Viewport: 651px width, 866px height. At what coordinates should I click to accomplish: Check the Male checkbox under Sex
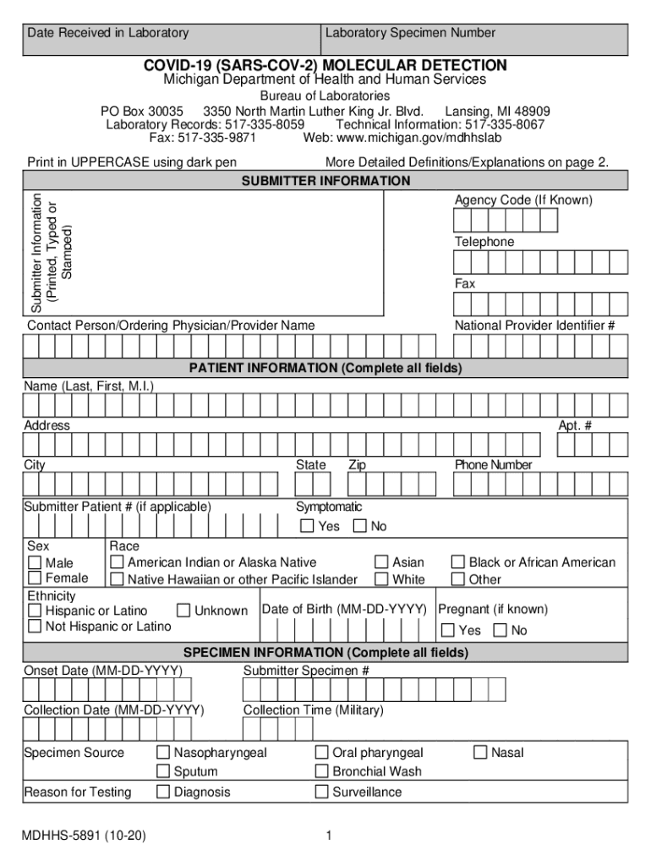(35, 563)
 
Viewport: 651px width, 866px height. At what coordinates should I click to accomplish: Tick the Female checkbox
(35, 578)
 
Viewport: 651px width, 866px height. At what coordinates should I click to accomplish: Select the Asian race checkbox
(382, 562)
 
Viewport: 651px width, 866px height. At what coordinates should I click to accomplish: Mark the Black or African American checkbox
(458, 562)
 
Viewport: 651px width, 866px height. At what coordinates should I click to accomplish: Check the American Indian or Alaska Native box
(117, 562)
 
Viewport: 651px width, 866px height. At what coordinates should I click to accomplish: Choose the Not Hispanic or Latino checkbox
(35, 627)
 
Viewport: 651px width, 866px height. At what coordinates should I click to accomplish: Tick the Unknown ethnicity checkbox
(183, 611)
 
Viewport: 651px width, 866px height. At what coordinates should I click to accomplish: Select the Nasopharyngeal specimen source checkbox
(163, 753)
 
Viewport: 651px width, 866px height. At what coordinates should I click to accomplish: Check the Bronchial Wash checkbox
(322, 771)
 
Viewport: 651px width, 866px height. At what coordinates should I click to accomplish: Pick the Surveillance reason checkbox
(322, 792)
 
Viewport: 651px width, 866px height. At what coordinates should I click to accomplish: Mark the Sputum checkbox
(163, 771)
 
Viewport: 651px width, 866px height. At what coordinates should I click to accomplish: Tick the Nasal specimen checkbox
(480, 753)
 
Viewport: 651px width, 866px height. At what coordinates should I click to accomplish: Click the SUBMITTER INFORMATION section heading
(325, 181)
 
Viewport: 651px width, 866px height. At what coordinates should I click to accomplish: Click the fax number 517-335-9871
(202, 138)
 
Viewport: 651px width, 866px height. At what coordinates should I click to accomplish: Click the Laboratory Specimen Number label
(410, 33)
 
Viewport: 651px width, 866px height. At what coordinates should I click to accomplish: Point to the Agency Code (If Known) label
(523, 200)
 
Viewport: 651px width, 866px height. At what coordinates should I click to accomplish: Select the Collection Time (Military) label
(313, 710)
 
